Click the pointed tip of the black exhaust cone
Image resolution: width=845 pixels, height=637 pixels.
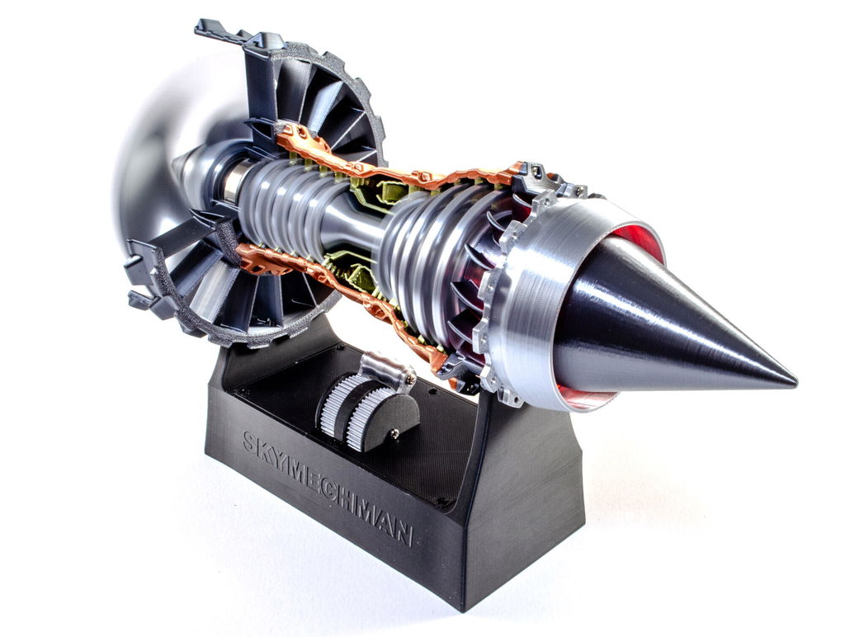pyautogui.click(x=795, y=384)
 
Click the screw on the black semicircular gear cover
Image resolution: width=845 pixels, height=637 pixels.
pyautogui.click(x=395, y=432)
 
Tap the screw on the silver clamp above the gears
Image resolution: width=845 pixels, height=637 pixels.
pyautogui.click(x=410, y=380)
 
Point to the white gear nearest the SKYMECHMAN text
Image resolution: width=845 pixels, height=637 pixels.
pyautogui.click(x=332, y=405)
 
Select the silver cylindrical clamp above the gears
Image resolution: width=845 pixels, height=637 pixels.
pyautogui.click(x=385, y=369)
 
